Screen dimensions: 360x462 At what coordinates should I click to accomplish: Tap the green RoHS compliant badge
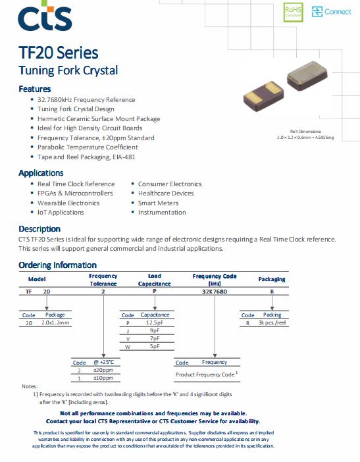[x=293, y=12]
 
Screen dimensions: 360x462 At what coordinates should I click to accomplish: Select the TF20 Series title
[x=59, y=53]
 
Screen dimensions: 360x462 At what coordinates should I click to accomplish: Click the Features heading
[x=35, y=89]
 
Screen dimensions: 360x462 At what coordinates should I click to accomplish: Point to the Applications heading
[x=41, y=173]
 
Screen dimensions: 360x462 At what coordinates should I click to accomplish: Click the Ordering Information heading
[x=58, y=265]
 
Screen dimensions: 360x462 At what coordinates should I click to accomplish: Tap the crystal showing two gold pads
[x=263, y=96]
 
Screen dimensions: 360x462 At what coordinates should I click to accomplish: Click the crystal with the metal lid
[x=307, y=76]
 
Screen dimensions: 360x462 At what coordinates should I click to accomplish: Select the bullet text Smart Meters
[x=158, y=203]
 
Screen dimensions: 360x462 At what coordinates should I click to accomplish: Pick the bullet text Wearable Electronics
[x=68, y=203]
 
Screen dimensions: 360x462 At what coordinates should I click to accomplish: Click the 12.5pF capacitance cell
[x=155, y=322]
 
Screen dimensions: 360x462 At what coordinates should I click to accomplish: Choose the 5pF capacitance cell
[x=155, y=346]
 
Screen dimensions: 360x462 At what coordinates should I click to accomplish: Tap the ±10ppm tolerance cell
[x=103, y=378]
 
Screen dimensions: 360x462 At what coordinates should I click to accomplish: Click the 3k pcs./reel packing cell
[x=272, y=322]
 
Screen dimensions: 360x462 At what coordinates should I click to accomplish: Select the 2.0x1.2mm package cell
[x=55, y=322]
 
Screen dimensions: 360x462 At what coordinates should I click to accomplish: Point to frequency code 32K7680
[x=215, y=292]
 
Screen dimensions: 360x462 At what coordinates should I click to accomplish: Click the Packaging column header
[x=272, y=279]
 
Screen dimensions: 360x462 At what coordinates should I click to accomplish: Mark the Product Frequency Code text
[x=205, y=374]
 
